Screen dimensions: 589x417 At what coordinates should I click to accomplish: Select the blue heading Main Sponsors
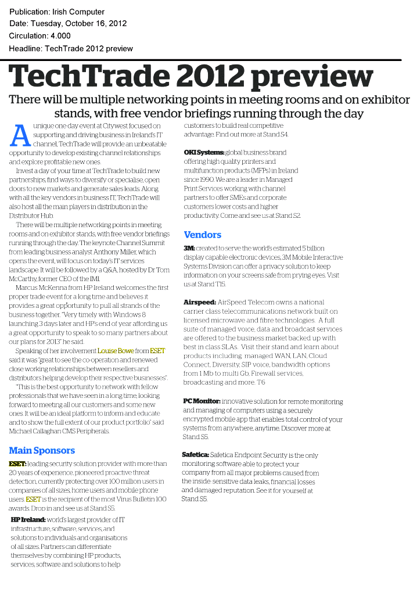pos(42,450)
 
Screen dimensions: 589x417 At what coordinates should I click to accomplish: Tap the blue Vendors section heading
pos(202,235)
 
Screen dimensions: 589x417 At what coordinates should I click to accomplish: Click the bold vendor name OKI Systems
pos(203,152)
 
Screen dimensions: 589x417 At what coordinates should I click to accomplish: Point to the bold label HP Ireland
pos(28,519)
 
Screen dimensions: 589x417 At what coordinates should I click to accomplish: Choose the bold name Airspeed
pos(199,302)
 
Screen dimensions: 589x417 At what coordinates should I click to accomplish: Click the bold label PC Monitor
pos(201,401)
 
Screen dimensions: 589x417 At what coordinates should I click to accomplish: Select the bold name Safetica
pos(195,455)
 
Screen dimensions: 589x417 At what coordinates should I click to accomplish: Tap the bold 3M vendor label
pos(189,248)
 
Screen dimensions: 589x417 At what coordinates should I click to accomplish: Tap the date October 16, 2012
pos(95,24)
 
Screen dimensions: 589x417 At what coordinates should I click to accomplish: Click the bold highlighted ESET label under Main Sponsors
pos(17,464)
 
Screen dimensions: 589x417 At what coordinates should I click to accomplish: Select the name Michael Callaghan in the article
pos(33,431)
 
